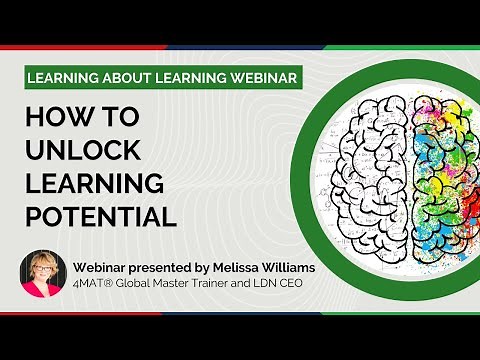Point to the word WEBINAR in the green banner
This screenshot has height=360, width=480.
point(256,79)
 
